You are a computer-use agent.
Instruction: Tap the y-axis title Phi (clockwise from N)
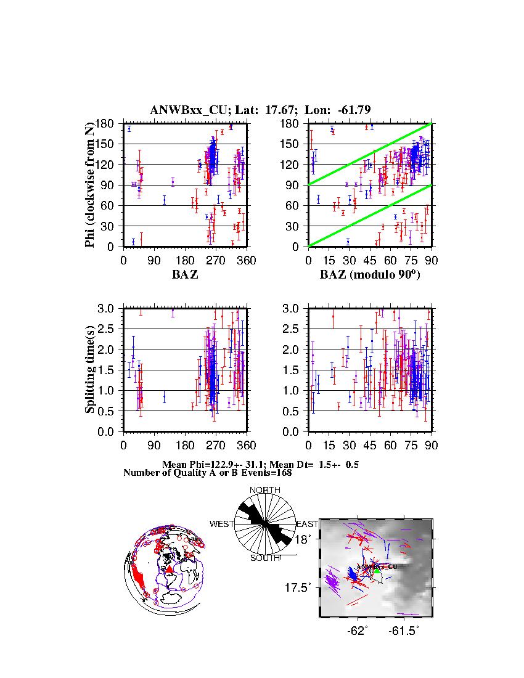tap(91, 184)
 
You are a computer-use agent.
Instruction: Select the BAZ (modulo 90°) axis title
tap(370, 275)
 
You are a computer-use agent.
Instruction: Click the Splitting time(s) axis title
tap(91, 369)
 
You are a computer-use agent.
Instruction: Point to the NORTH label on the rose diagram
tap(264, 490)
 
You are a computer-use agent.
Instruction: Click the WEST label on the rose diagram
tap(222, 524)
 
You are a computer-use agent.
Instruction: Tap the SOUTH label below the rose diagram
tap(265, 558)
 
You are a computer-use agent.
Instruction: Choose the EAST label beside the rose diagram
tap(306, 524)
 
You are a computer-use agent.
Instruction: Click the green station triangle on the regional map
tap(377, 571)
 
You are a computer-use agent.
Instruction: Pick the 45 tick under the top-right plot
tap(370, 260)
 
